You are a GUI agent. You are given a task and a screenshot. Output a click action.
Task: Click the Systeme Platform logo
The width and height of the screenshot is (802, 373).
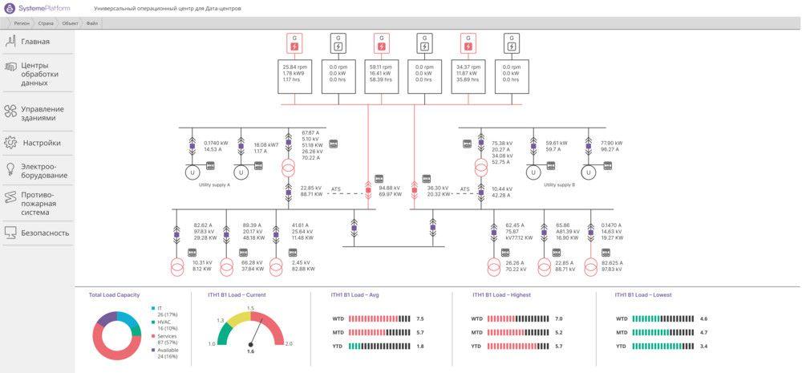point(36,7)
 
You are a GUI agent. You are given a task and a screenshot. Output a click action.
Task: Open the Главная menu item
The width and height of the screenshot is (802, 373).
point(35,42)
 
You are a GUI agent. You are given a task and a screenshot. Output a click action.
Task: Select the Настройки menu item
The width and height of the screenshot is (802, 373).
point(41,143)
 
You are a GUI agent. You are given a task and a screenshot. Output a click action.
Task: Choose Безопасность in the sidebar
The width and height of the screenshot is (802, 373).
point(45,233)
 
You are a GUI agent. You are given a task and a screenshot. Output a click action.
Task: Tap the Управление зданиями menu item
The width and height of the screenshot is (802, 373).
point(42,113)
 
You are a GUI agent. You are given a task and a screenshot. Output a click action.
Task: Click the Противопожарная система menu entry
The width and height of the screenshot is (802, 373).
point(38,204)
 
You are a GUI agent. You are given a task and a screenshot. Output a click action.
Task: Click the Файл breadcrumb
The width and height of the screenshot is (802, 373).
point(92,23)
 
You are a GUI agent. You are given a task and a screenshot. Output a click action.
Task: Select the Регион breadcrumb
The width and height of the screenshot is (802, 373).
point(22,23)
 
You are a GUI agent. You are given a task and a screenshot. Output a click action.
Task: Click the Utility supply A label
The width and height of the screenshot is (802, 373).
point(214,184)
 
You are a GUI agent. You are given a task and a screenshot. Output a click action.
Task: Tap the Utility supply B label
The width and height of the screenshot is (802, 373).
point(560,184)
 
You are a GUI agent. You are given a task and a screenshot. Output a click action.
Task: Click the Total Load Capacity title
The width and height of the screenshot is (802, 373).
point(114,294)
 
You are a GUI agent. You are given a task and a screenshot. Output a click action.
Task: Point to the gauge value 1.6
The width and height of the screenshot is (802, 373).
point(250,351)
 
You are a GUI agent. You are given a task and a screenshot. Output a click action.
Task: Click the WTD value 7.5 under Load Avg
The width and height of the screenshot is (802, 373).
point(419,318)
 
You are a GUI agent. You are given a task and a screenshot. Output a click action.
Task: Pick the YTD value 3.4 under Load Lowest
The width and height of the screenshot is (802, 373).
point(703,346)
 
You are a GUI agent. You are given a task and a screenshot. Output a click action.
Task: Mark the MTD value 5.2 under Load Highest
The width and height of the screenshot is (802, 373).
point(558,332)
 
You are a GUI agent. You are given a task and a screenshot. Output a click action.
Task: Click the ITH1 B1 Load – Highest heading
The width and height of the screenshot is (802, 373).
point(501,294)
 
